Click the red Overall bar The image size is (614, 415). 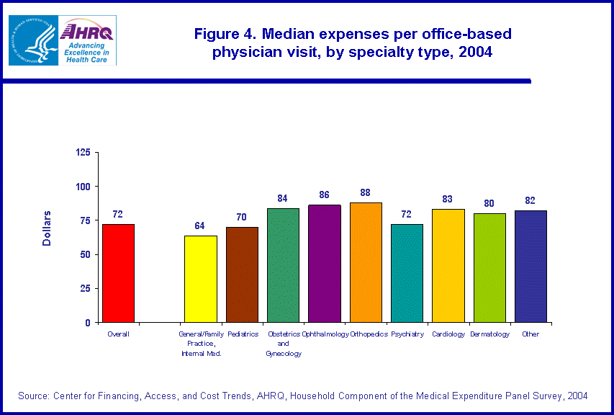click(118, 273)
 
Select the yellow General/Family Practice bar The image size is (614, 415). click(200, 279)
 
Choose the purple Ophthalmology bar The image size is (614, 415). click(324, 264)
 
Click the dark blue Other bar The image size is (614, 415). click(531, 266)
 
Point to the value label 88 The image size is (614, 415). click(366, 192)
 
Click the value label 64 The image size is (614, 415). click(200, 226)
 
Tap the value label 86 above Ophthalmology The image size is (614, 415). click(324, 195)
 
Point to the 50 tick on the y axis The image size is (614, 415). click(85, 254)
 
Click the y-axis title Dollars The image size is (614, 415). click(47, 228)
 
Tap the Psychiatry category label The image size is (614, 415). click(407, 334)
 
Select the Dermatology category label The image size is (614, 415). click(489, 334)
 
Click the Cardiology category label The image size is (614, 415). click(448, 334)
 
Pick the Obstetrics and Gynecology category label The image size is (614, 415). click(283, 344)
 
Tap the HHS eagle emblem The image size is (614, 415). click(33, 40)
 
